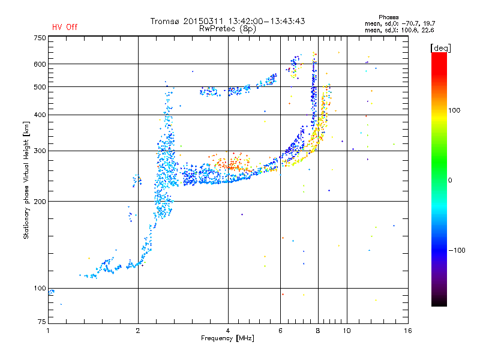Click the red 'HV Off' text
pos(65,27)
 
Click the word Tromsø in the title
pos(165,21)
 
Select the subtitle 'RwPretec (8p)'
pos(227,29)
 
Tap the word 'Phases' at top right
pos(388,17)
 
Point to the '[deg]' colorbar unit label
pos(441,48)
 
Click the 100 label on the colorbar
pos(454,110)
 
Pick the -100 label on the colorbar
pos(457,250)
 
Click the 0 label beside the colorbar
pos(450,181)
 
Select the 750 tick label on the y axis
pos(40,38)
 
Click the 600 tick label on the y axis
pos(40,64)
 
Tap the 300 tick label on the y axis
pos(40,151)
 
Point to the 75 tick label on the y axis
pos(42,322)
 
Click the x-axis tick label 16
pos(408,331)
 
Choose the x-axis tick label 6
pos(280,331)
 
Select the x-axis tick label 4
pos(228,331)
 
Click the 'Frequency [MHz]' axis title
pos(227,338)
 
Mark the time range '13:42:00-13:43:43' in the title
pos(266,21)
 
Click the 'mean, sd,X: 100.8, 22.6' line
pos(400,30)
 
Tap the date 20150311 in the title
pos(204,21)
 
